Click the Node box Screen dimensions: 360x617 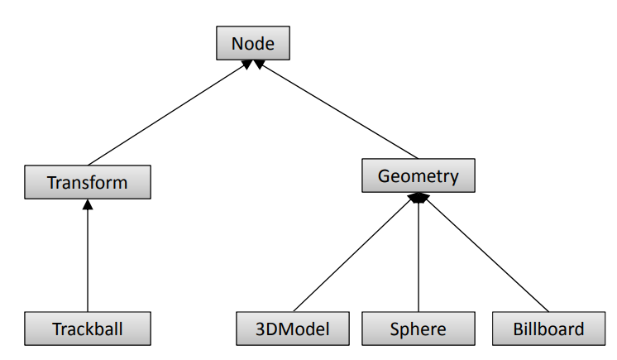pos(252,43)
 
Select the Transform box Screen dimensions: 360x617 pos(87,182)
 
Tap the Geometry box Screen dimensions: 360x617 pos(419,175)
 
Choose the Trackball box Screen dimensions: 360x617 pos(87,329)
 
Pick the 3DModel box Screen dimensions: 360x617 pos(294,329)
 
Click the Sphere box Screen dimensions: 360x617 pos(418,329)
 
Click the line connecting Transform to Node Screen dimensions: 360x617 pos(165,113)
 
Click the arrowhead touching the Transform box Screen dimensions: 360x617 pos(87,204)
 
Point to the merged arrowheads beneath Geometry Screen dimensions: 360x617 pos(419,198)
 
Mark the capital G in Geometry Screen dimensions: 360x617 pos(385,175)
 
